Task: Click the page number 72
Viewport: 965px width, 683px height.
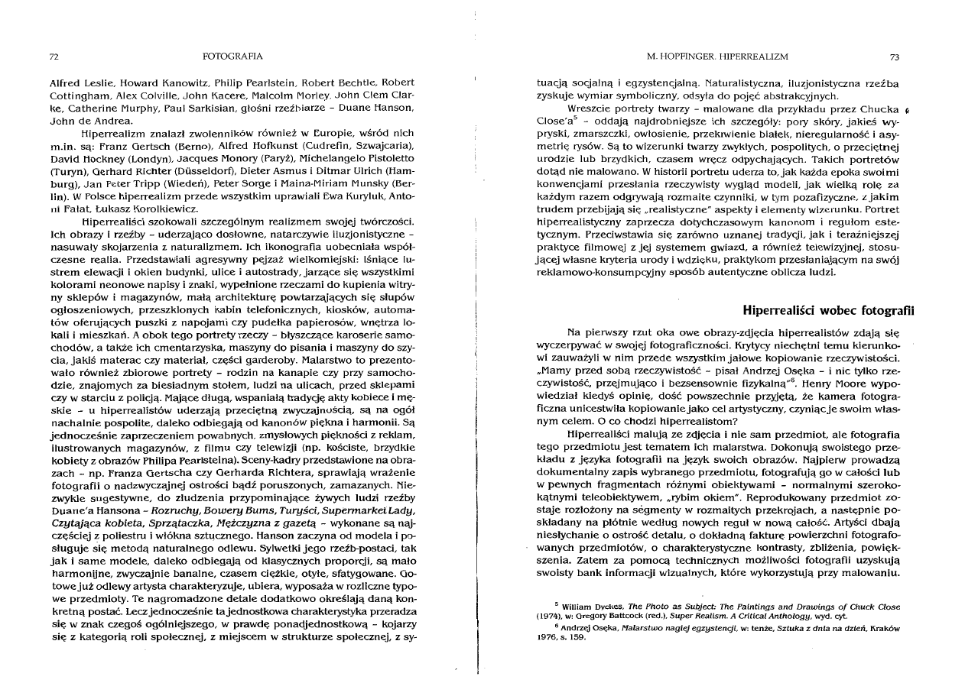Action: coord(54,57)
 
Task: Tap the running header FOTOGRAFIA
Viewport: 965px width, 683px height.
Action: coord(232,57)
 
